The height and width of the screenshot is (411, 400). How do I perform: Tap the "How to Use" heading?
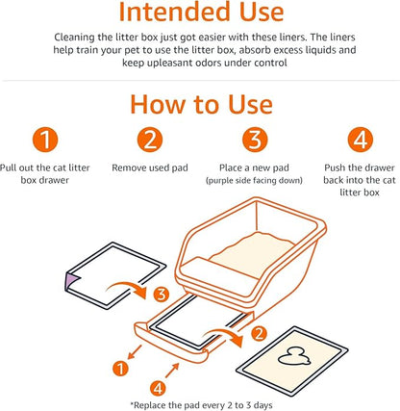pos(200,103)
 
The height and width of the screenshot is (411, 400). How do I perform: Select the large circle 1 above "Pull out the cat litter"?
pos(47,142)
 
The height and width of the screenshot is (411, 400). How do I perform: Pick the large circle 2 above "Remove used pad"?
pos(149,142)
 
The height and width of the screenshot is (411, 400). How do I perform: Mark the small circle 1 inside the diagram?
pos(119,368)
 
